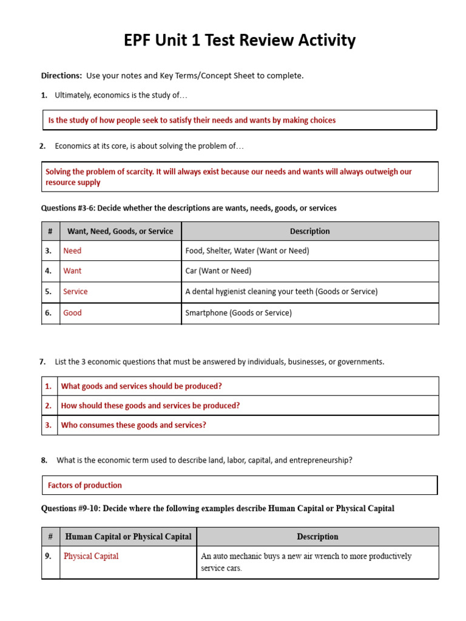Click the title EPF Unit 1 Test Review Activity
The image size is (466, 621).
[240, 41]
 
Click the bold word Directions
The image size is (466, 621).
[61, 76]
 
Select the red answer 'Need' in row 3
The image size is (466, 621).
[72, 250]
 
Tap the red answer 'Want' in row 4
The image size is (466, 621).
[72, 271]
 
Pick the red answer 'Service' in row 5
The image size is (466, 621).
[75, 292]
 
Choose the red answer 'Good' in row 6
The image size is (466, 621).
[72, 313]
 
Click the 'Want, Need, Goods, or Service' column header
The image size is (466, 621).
[120, 231]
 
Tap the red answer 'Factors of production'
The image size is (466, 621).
[85, 485]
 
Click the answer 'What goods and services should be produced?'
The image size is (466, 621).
[141, 386]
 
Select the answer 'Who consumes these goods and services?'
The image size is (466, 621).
[133, 425]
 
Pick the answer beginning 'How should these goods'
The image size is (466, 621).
[150, 406]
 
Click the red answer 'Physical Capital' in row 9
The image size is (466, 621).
[91, 556]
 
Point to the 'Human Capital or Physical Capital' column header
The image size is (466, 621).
[128, 537]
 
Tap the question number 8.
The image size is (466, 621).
[44, 460]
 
